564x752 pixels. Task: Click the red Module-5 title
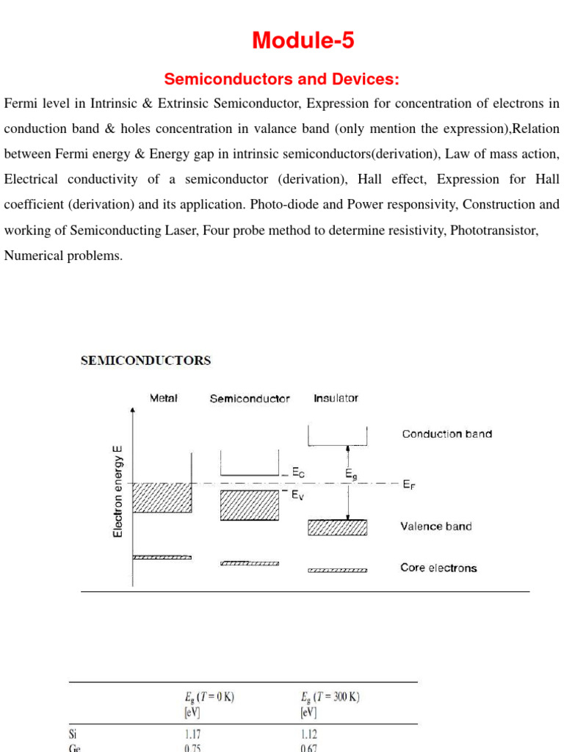click(303, 41)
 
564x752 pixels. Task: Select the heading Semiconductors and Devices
click(282, 79)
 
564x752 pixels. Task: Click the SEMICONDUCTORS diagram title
click(145, 361)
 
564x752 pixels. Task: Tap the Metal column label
click(164, 398)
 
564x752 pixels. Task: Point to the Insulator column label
click(336, 398)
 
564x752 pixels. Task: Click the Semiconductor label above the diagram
click(250, 399)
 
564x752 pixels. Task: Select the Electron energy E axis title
click(117, 491)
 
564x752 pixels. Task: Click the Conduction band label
click(446, 434)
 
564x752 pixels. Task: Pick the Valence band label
click(436, 527)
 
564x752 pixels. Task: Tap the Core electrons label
click(438, 568)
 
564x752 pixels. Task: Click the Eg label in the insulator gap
click(352, 475)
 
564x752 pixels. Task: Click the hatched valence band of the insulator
click(337, 528)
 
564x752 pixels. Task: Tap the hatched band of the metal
click(162, 498)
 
